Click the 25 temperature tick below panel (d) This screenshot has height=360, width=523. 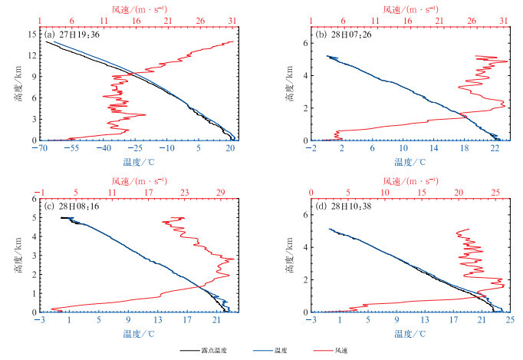509,320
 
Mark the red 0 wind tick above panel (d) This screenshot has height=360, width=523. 311,192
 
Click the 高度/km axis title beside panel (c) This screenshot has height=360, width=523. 18,256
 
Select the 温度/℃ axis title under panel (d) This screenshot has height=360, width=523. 410,334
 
